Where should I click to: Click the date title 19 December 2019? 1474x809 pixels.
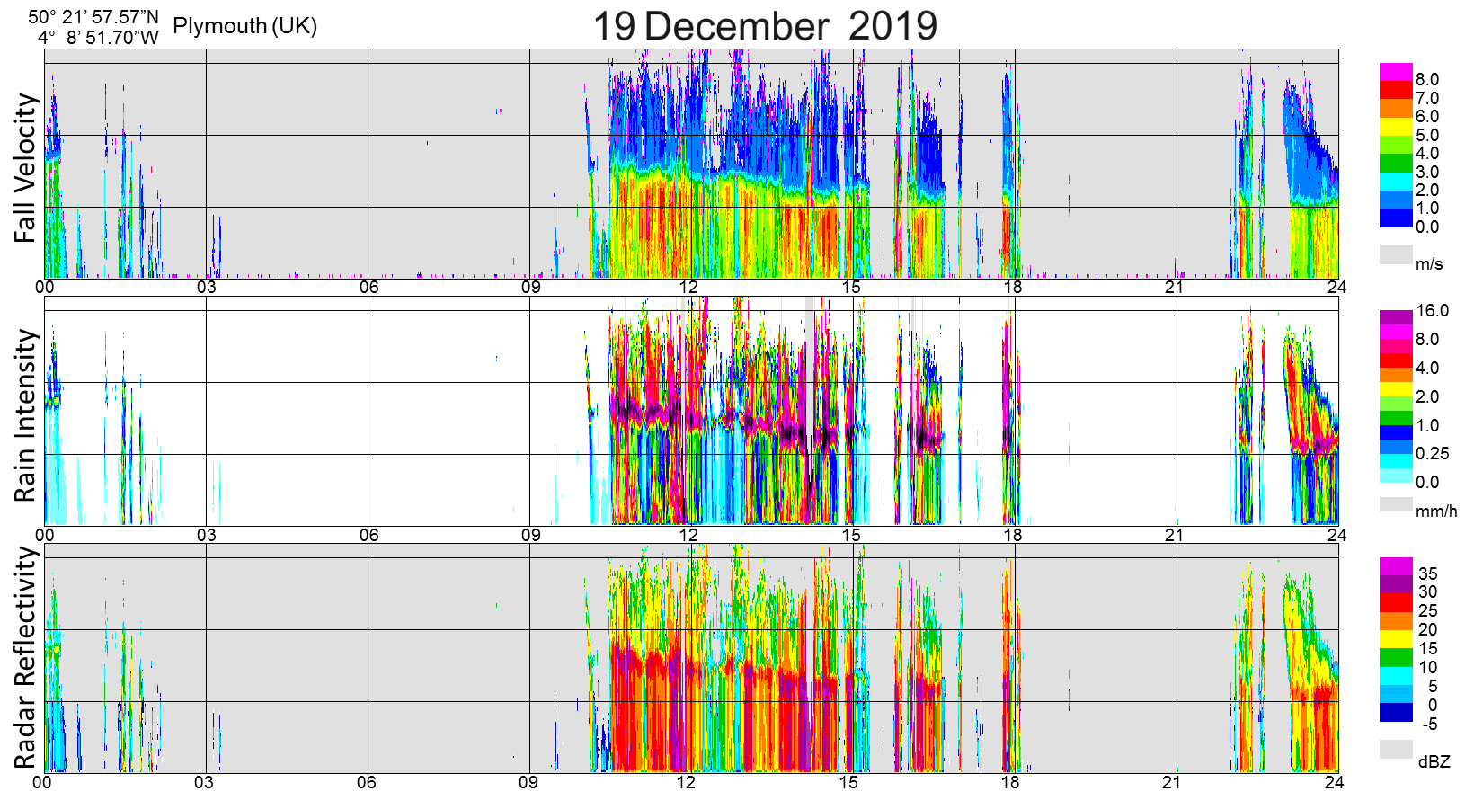click(765, 26)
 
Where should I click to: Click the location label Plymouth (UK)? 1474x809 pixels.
click(244, 26)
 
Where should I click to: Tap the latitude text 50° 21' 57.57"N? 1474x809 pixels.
click(93, 17)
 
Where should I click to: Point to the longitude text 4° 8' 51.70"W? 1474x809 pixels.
click(98, 38)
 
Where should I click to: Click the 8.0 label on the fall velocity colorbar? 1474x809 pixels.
click(1426, 80)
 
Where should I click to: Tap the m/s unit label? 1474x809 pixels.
click(1429, 264)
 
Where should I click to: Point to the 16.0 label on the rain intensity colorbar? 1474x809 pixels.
click(1432, 311)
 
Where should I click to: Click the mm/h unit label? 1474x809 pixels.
click(1436, 511)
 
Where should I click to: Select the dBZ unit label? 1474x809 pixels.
click(1434, 762)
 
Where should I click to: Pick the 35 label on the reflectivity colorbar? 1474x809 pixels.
click(1427, 573)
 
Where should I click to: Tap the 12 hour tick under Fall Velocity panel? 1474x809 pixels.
click(688, 288)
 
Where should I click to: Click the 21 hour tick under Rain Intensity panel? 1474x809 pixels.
click(1174, 536)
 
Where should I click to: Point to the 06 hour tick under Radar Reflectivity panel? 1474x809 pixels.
click(367, 783)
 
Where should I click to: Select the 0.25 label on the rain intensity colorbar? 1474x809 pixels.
click(1432, 454)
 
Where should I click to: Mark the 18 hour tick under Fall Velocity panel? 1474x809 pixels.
click(1013, 288)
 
